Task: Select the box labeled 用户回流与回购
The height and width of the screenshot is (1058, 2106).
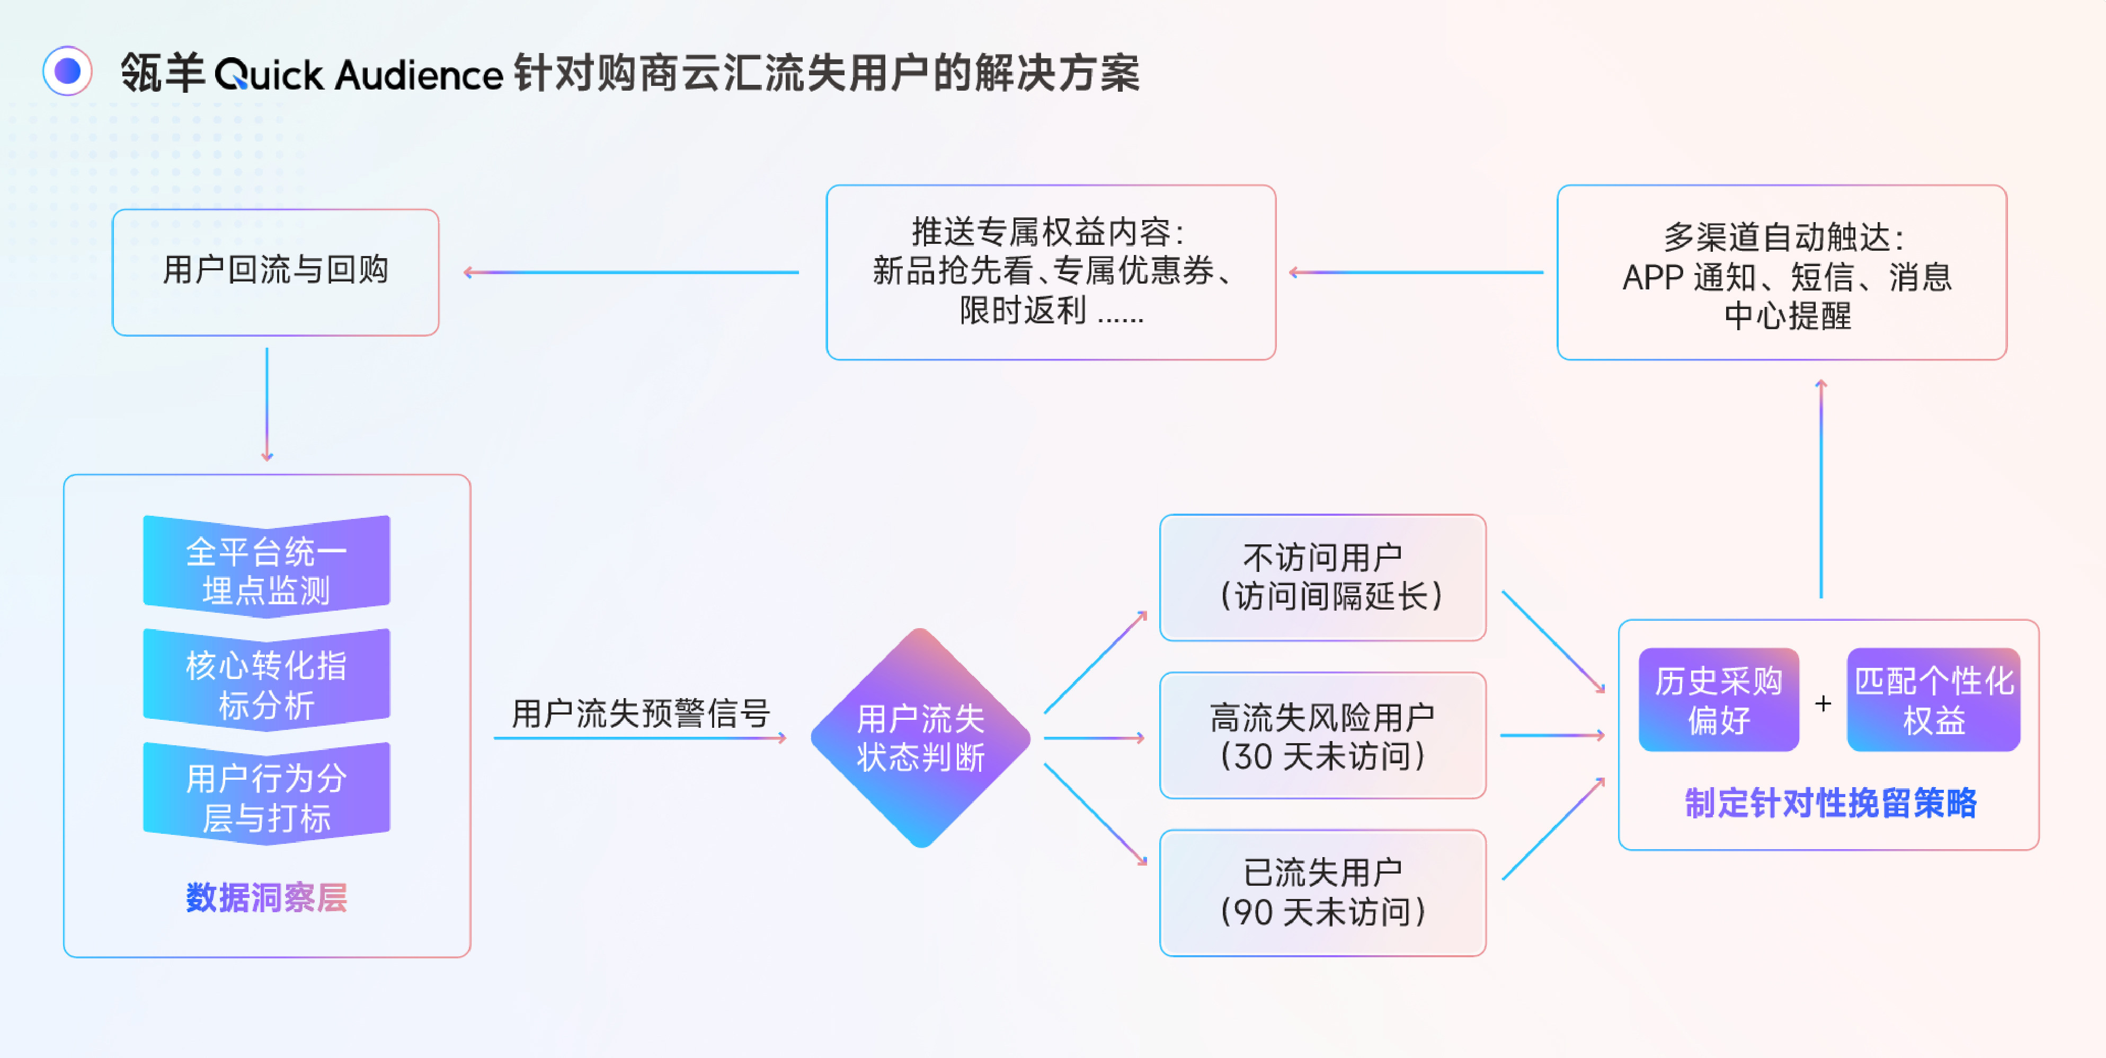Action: pos(276,271)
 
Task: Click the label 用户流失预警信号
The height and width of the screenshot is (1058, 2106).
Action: pos(640,713)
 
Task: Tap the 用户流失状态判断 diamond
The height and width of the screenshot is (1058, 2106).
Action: pos(921,737)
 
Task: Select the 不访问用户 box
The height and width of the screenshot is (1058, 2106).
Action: pos(1322,577)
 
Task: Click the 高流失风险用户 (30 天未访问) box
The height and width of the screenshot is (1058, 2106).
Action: pos(1322,735)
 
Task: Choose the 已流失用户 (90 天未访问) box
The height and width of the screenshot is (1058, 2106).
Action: pos(1322,893)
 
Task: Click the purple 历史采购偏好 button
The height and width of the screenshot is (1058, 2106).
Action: pos(1719,700)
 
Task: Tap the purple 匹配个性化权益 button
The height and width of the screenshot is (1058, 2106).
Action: pos(1933,700)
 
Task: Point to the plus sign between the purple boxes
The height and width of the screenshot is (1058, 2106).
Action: pos(1823,703)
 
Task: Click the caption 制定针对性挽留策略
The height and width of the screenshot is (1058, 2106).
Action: pos(1830,803)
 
